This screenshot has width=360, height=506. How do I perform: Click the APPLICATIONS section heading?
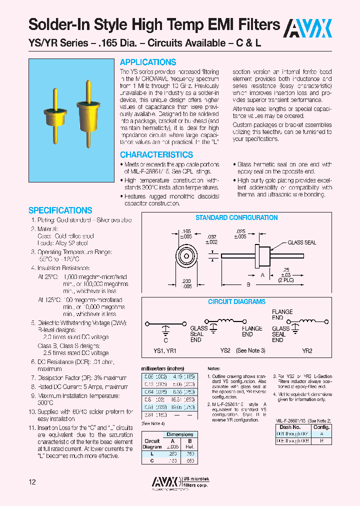(x=148, y=62)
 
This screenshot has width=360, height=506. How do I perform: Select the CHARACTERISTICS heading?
(x=156, y=155)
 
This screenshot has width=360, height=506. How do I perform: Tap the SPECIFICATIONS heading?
(x=60, y=210)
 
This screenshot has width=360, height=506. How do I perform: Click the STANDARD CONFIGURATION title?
(x=236, y=218)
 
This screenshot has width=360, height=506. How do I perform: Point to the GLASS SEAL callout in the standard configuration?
(x=301, y=242)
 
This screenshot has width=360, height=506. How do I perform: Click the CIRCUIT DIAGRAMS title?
(x=236, y=302)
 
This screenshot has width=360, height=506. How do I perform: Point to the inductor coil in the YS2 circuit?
(x=230, y=321)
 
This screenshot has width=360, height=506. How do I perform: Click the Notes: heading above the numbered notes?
(x=214, y=367)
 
